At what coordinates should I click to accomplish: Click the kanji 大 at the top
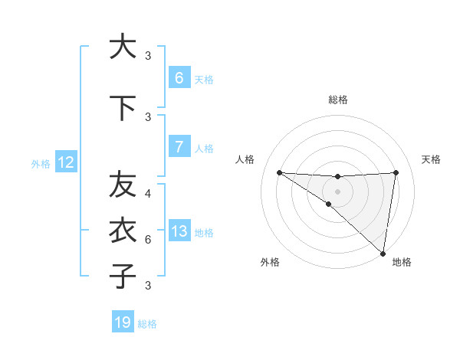(x=122, y=46)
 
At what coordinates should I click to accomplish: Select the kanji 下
(x=122, y=107)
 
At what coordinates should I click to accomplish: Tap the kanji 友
(x=122, y=185)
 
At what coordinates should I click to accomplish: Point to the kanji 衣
(x=122, y=230)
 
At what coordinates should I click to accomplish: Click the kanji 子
(x=122, y=276)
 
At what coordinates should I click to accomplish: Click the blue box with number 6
(x=179, y=77)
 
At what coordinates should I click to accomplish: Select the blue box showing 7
(x=179, y=147)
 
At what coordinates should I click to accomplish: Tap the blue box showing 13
(x=179, y=231)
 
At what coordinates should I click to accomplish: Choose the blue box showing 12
(x=66, y=162)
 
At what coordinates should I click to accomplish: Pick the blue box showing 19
(x=123, y=322)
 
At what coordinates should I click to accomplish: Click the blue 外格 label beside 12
(x=41, y=163)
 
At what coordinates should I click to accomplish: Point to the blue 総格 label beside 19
(x=147, y=324)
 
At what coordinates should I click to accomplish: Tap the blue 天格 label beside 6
(x=204, y=79)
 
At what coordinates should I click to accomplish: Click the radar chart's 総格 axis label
(x=338, y=100)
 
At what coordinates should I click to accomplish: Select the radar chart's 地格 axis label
(x=402, y=262)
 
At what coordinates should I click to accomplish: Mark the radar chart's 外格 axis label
(x=270, y=262)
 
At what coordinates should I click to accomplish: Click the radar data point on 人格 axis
(x=279, y=172)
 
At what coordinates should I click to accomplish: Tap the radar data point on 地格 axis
(x=383, y=254)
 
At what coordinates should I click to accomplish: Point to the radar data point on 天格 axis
(x=396, y=172)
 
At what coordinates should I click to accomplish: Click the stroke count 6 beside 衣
(x=148, y=240)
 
